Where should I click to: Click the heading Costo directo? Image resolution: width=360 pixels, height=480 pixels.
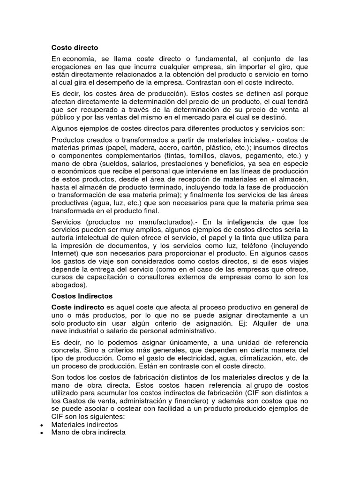click(75, 47)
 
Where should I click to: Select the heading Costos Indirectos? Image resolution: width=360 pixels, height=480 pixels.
click(82, 296)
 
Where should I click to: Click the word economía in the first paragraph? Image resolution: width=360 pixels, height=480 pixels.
click(78, 59)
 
